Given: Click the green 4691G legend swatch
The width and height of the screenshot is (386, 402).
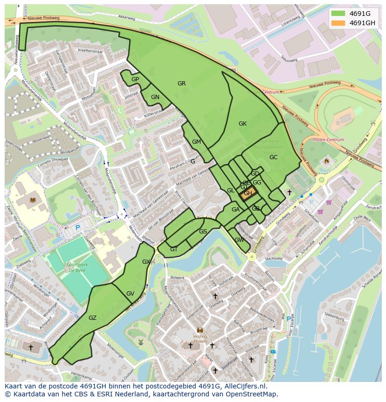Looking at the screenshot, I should (x=338, y=13).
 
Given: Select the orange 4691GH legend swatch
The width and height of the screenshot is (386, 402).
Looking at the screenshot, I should (x=338, y=23).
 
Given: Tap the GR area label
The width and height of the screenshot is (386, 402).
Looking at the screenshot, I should (x=181, y=84).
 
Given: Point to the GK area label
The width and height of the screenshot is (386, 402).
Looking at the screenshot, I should (x=242, y=124).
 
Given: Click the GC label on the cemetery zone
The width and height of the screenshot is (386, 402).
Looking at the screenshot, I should (x=273, y=157).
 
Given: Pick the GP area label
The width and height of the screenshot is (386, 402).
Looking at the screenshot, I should (x=135, y=79).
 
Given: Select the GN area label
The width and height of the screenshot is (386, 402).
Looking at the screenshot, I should (x=155, y=97).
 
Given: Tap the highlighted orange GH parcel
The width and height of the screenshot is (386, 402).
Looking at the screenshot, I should (x=248, y=193).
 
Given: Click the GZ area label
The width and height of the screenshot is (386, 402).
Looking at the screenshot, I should (x=92, y=318).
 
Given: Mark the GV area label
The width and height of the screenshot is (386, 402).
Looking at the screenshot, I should (x=130, y=294).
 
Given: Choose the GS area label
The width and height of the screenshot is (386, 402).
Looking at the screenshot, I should (x=203, y=232).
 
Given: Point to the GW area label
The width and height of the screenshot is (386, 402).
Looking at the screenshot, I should (x=239, y=240).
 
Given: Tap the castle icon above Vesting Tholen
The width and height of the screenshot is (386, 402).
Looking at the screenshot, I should (x=200, y=330).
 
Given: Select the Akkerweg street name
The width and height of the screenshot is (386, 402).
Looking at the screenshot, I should (x=126, y=16).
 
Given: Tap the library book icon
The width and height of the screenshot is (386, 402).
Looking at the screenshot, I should (x=32, y=200).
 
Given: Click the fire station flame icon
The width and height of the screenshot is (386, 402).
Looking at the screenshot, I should (x=326, y=161).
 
